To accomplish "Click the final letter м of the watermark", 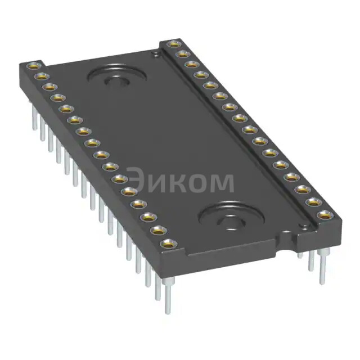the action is pos(220,183).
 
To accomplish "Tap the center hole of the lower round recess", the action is pos(231,222).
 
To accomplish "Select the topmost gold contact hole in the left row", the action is pos(34,66).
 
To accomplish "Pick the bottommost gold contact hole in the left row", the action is pos(168,244).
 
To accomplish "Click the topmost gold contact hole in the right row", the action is pos(174,44).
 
